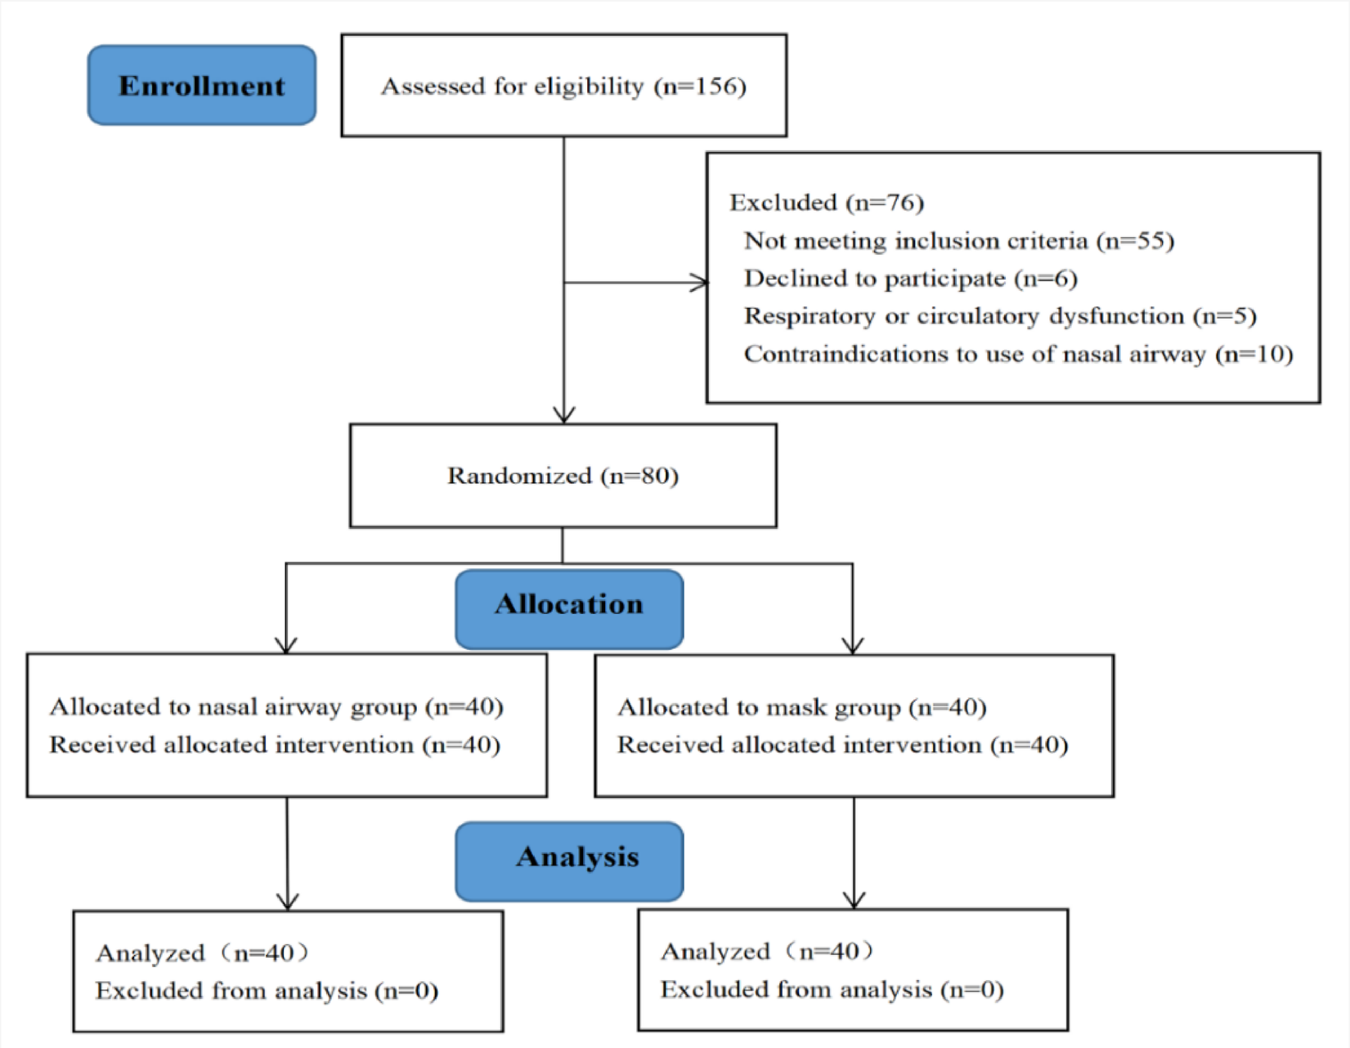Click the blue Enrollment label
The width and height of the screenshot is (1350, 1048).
click(x=201, y=85)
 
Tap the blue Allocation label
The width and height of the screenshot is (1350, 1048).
click(x=569, y=605)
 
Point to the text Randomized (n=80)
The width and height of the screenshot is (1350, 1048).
click(x=563, y=476)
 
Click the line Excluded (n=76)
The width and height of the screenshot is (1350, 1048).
click(x=826, y=203)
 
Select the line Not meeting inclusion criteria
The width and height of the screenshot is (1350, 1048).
click(x=958, y=240)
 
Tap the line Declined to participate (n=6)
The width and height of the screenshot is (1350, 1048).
click(x=910, y=279)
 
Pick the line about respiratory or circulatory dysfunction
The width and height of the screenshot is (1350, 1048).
click(x=999, y=316)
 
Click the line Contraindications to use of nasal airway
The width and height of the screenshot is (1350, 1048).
click(x=1018, y=354)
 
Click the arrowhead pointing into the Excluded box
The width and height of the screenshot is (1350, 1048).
click(x=699, y=283)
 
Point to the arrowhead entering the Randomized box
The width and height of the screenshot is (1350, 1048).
click(x=563, y=414)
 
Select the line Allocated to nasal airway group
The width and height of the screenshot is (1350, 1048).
click(x=276, y=707)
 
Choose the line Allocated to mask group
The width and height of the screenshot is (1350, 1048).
click(x=801, y=707)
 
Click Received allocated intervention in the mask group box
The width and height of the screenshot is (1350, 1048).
click(x=842, y=745)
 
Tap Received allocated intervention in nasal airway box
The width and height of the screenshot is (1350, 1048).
click(x=274, y=745)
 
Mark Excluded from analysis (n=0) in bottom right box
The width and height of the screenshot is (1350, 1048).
click(x=832, y=990)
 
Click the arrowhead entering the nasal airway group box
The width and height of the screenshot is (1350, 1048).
click(x=286, y=645)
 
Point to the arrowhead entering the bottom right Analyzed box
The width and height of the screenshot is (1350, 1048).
click(x=854, y=900)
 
